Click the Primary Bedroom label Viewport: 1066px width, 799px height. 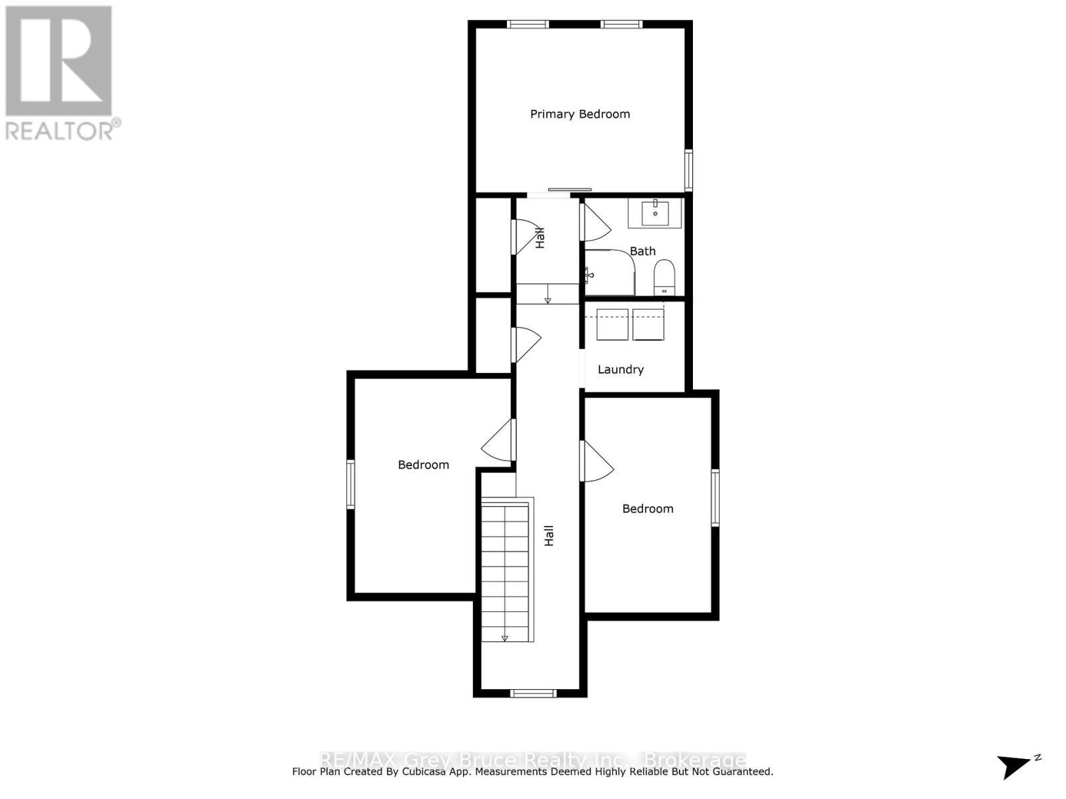(x=580, y=114)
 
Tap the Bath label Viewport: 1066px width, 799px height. (x=642, y=251)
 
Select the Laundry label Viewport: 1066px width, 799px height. (x=620, y=370)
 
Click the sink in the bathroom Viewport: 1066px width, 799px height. (x=656, y=213)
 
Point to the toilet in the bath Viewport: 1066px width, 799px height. (x=664, y=276)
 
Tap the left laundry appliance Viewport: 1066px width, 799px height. (x=612, y=324)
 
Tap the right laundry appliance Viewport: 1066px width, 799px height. (x=648, y=324)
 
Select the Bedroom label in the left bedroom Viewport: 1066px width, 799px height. (x=423, y=465)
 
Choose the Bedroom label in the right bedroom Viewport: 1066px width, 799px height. (x=648, y=509)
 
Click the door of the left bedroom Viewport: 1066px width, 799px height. (x=500, y=441)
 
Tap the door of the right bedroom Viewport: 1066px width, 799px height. (x=596, y=461)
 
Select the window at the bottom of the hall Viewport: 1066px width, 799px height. (x=533, y=693)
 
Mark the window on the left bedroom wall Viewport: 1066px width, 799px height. (x=350, y=484)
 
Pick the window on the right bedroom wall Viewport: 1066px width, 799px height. (x=715, y=497)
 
